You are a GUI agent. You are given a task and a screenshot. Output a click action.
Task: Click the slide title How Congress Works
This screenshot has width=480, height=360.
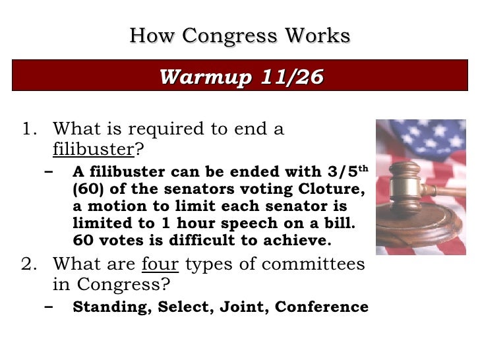(x=239, y=36)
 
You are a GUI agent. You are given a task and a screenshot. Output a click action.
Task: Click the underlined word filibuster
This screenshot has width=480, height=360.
(x=93, y=148)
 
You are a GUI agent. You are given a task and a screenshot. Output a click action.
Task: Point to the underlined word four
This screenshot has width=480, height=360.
(x=160, y=264)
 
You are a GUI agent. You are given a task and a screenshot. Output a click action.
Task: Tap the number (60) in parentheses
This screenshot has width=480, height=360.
(x=86, y=189)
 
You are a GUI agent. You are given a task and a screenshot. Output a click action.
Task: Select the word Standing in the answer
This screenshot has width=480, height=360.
(x=111, y=307)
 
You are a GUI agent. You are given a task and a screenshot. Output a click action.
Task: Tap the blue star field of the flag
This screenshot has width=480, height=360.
(x=422, y=135)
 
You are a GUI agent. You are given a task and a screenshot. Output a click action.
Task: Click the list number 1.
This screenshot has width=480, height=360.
(x=28, y=129)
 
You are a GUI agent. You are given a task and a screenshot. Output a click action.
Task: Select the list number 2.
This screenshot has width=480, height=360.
(x=28, y=264)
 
